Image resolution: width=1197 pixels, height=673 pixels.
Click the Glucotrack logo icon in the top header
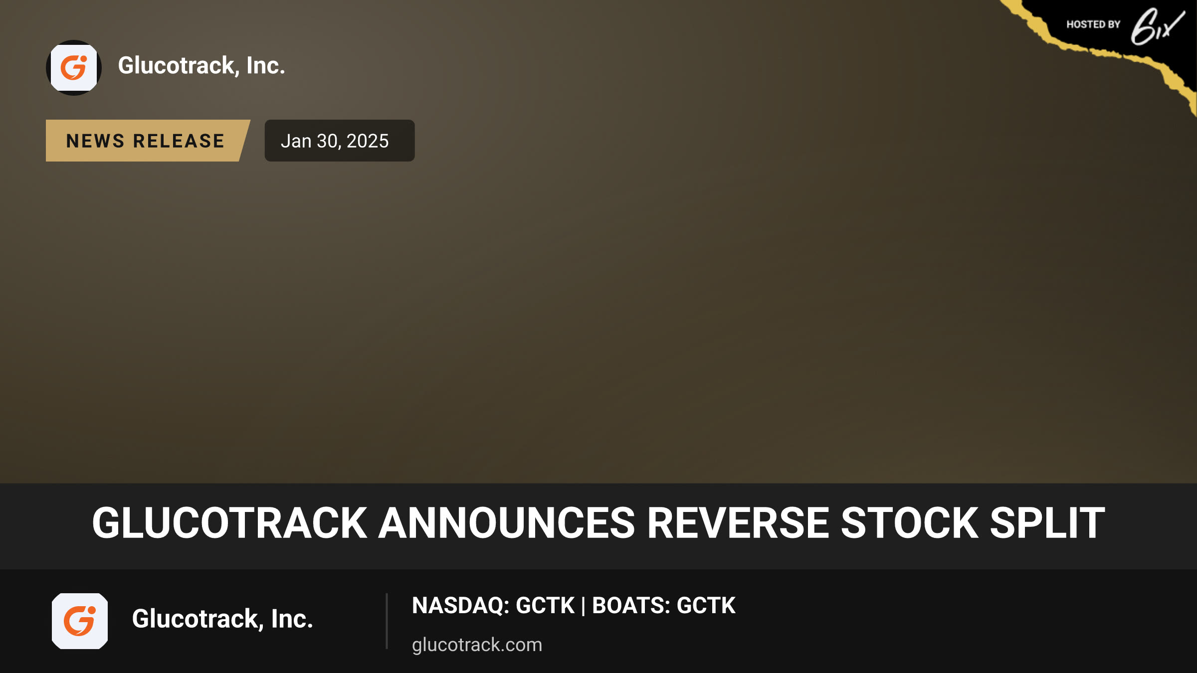(74, 68)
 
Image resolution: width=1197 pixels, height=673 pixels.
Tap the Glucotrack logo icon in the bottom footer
(80, 621)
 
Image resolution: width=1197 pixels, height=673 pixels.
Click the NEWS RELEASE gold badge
(148, 141)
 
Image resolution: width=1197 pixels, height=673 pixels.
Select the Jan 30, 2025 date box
(339, 141)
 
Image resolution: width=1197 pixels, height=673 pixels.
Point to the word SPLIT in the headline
(1047, 523)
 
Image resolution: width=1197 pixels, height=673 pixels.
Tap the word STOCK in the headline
(909, 523)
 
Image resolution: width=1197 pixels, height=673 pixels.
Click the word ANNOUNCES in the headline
(506, 523)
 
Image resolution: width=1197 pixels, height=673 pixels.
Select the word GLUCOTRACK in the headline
(229, 523)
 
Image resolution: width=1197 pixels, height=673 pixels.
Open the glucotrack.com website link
(477, 645)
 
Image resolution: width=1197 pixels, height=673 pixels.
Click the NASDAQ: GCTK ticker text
(493, 606)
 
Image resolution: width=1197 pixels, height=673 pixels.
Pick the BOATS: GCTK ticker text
(663, 606)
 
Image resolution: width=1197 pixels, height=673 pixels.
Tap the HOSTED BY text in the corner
(1093, 24)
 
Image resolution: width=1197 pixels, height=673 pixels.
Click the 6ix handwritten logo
(1158, 26)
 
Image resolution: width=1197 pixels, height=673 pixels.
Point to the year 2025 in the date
(368, 141)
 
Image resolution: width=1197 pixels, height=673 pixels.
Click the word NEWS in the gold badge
(95, 141)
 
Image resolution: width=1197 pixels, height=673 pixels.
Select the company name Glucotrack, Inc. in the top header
(201, 66)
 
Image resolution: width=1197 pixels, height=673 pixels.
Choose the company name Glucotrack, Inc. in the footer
(222, 619)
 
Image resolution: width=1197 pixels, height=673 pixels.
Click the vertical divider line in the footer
(387, 621)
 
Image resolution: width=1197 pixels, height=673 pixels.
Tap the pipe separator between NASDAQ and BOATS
(583, 606)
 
